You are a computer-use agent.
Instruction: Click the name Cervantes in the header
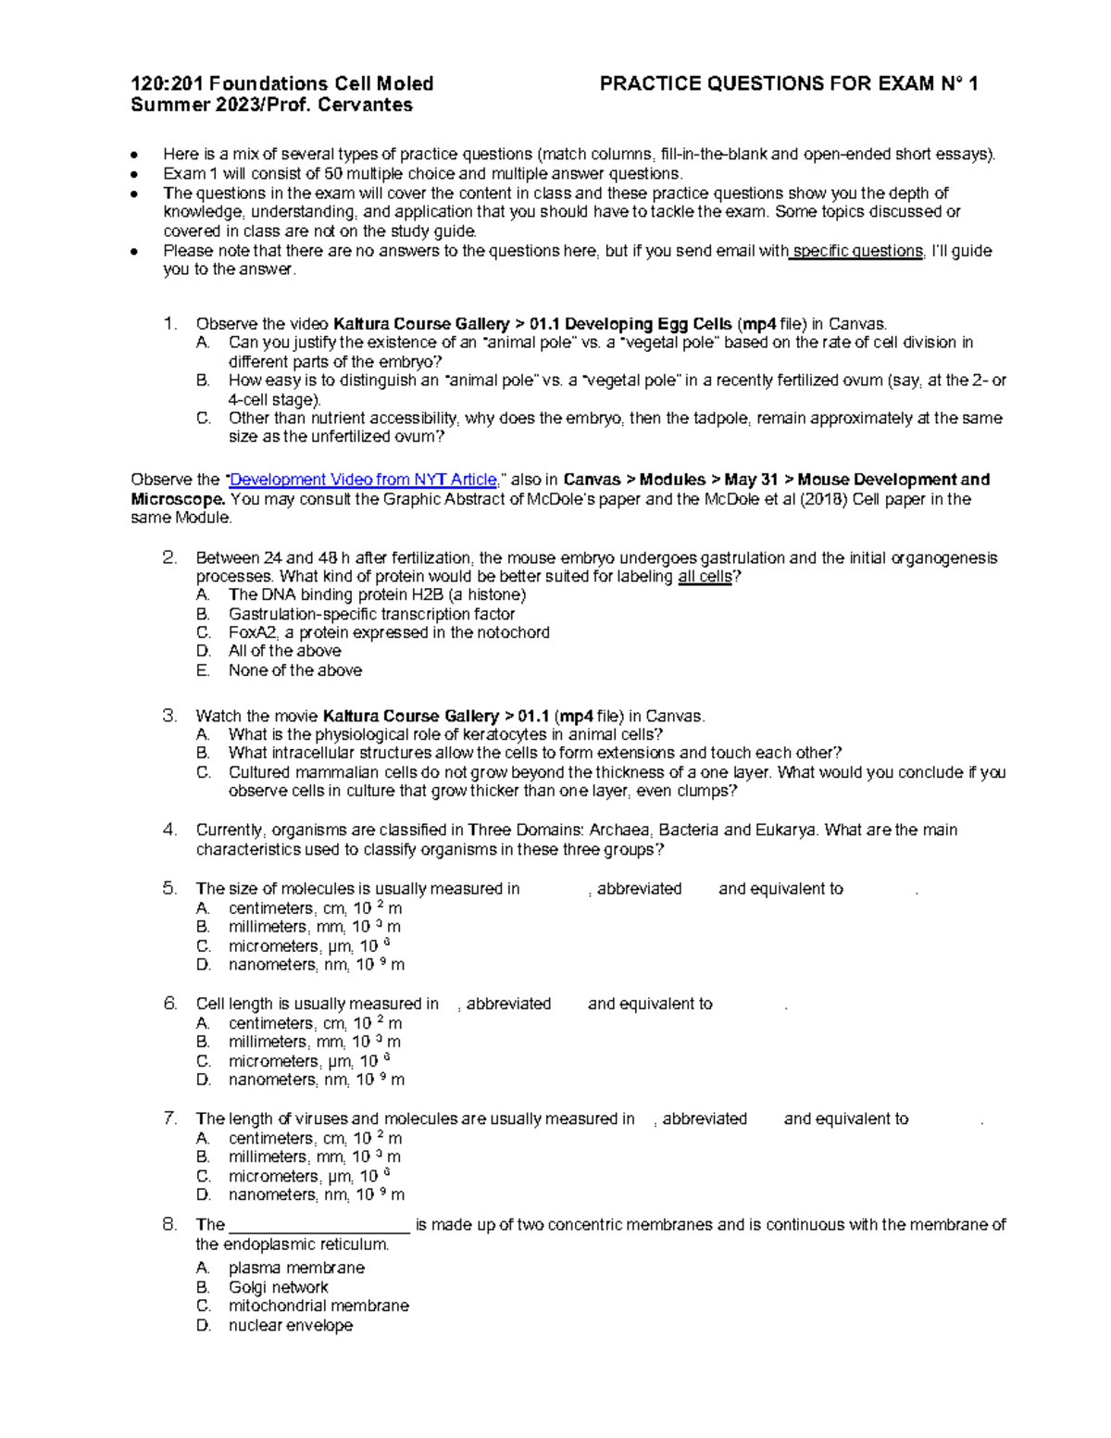366,105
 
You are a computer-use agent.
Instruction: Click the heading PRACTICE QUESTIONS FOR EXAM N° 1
789,84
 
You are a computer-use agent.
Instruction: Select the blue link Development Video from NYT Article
363,480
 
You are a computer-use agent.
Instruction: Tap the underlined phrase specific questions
858,251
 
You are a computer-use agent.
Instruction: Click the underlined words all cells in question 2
705,577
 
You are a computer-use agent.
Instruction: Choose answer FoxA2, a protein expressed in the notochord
389,632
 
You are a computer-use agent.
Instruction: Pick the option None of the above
294,670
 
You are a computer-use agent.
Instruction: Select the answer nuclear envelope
290,1325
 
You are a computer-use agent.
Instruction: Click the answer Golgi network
278,1287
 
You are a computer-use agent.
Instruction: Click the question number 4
169,830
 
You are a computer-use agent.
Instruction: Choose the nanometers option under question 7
316,1194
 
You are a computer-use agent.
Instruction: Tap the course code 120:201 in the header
166,84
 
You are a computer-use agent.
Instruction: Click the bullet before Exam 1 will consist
135,174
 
